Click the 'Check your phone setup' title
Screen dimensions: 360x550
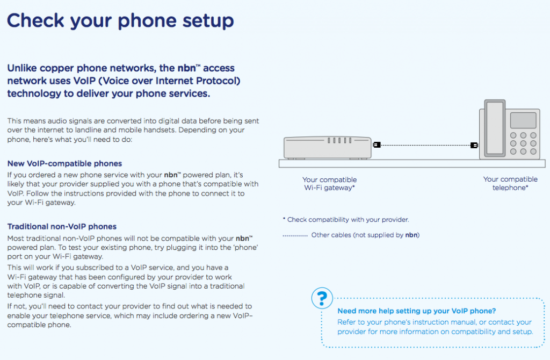(x=120, y=21)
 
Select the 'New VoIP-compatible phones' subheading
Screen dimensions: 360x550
(x=64, y=163)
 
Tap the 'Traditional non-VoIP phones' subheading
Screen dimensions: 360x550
(x=62, y=227)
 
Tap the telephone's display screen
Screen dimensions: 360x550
(x=523, y=120)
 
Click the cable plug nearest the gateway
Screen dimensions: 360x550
(x=377, y=145)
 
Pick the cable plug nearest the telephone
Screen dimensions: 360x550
(x=474, y=145)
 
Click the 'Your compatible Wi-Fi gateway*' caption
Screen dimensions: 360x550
(x=329, y=184)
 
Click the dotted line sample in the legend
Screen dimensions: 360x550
(x=295, y=235)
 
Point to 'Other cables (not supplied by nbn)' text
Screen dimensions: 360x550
(x=365, y=235)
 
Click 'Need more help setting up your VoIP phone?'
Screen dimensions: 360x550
(x=416, y=311)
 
